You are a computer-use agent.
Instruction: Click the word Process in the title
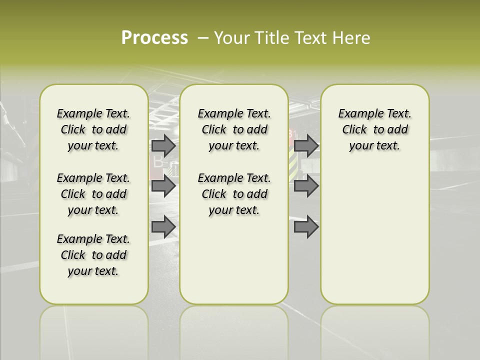[x=154, y=38]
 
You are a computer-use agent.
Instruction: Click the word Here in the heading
[x=352, y=38]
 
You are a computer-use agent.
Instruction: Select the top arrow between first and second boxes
[x=163, y=145]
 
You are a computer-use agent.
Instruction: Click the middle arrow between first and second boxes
[x=163, y=186]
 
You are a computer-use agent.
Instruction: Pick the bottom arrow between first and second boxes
[x=163, y=227]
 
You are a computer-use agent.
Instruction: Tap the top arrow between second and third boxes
[x=306, y=145]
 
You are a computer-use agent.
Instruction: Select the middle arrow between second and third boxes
[x=306, y=186]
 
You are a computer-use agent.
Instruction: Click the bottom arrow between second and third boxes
[x=306, y=227]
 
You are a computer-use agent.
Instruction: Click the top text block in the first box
[x=93, y=129]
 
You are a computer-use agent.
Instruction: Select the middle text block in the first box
[x=93, y=194]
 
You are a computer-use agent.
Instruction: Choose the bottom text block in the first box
[x=93, y=255]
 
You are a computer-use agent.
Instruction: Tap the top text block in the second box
[x=234, y=129]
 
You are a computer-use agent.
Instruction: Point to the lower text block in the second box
[x=234, y=194]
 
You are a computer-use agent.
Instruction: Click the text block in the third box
[x=374, y=129]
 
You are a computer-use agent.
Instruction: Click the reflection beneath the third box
[x=374, y=330]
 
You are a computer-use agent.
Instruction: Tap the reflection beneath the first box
[x=93, y=330]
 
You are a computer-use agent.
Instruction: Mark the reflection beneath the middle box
[x=234, y=330]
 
